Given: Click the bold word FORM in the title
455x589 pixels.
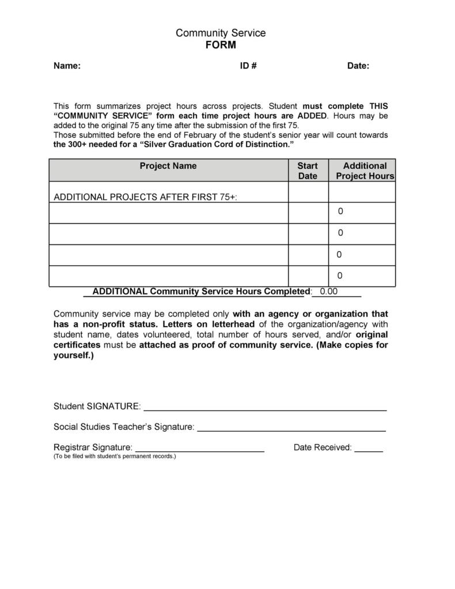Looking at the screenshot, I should tap(221, 46).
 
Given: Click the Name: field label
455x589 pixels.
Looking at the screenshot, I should tap(67, 66).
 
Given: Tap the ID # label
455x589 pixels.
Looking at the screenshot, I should tap(248, 66).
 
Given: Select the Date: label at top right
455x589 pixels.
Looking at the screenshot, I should tap(358, 66).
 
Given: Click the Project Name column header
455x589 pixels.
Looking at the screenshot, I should tap(168, 166).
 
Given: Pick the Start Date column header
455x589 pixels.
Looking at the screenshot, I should tap(308, 171).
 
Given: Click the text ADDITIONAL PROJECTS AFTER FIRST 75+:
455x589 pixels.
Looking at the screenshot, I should tap(145, 197).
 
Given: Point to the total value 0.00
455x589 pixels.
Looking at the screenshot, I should tap(328, 291).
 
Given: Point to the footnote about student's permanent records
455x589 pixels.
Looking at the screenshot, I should tap(115, 456).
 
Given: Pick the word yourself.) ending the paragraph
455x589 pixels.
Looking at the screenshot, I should tap(73, 355).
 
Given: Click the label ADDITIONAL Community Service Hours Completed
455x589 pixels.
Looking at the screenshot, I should tap(202, 291).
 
